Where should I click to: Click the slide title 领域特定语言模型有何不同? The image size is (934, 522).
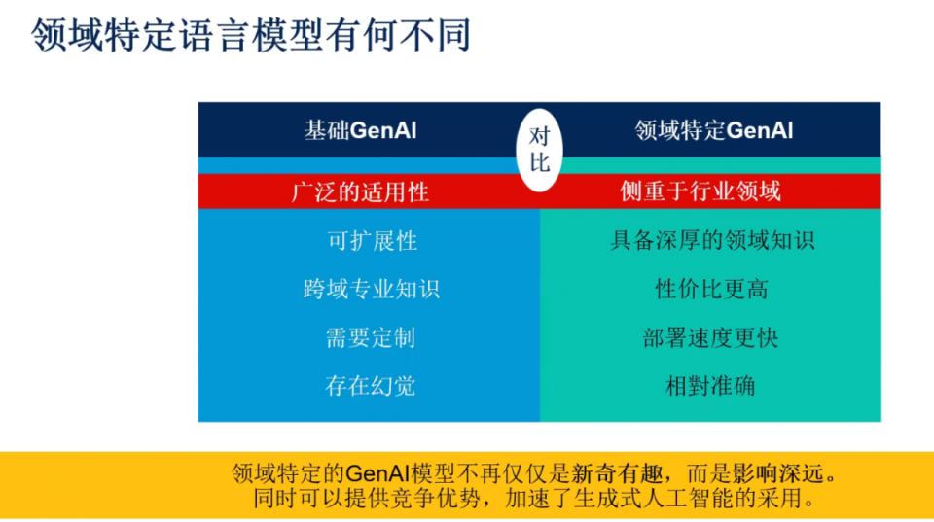click(251, 35)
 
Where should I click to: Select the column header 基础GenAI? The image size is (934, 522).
click(360, 130)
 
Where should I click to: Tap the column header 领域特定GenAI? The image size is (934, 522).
click(713, 130)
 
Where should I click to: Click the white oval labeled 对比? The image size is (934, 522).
click(540, 150)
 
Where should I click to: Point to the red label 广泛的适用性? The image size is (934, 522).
click(360, 192)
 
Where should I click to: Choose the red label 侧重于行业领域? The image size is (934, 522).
click(700, 191)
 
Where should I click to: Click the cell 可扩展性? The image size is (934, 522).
click(373, 241)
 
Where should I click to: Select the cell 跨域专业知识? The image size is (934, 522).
click(372, 290)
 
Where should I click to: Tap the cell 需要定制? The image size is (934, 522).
click(371, 338)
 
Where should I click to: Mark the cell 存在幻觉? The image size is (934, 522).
click(371, 386)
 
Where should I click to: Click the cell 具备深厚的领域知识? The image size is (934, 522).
click(712, 240)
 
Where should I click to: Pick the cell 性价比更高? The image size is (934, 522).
click(712, 290)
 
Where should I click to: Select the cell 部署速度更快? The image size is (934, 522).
click(710, 338)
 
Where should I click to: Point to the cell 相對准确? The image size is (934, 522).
click(710, 386)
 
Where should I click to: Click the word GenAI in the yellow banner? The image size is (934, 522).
click(377, 473)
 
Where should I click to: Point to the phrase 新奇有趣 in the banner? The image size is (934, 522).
click(617, 473)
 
